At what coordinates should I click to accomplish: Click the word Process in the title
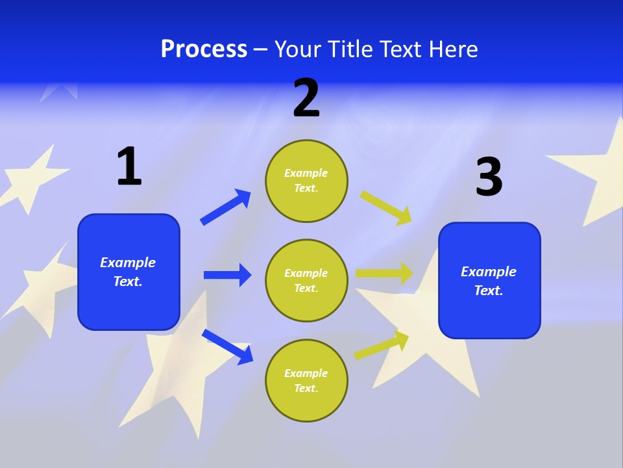(x=204, y=49)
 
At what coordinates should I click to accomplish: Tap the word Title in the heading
(x=351, y=49)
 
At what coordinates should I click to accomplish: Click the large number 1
(x=129, y=167)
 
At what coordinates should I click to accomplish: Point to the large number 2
(x=306, y=99)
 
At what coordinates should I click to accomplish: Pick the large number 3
(x=489, y=177)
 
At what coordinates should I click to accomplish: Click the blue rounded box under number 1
(x=128, y=272)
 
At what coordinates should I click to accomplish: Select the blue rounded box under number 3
(x=489, y=281)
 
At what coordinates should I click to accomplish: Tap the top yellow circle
(x=306, y=181)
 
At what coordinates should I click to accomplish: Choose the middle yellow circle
(x=306, y=281)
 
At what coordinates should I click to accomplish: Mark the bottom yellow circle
(x=306, y=381)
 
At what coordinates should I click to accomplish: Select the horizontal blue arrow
(x=227, y=275)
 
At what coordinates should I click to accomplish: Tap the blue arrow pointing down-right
(x=228, y=346)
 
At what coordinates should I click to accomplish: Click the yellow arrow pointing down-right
(x=386, y=207)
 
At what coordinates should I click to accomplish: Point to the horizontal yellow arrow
(x=385, y=274)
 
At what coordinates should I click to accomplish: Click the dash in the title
(x=261, y=50)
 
